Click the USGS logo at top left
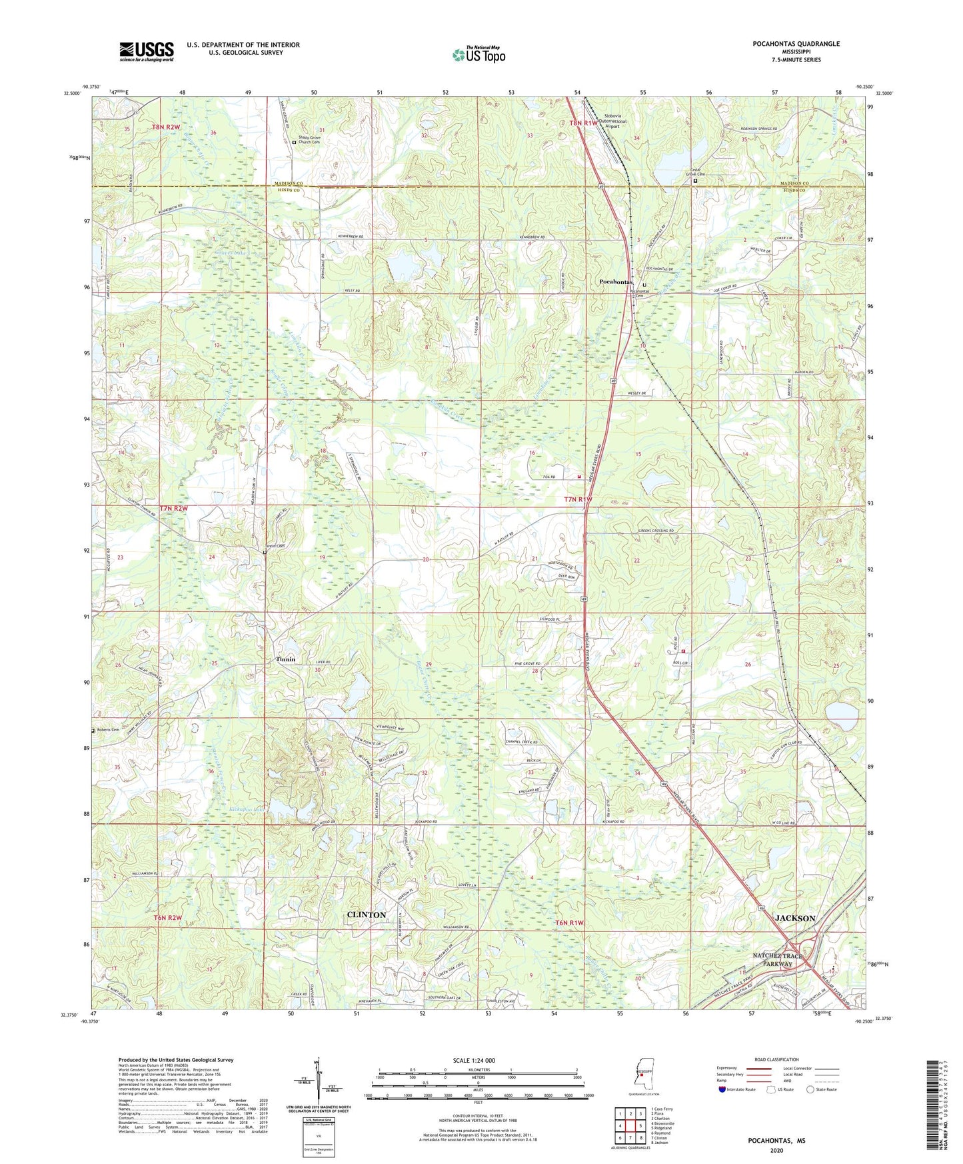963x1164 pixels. coord(147,51)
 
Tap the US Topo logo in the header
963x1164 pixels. coord(478,55)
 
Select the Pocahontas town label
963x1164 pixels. coord(615,282)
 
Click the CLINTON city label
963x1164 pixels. coord(367,915)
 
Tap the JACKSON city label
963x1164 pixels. coord(795,918)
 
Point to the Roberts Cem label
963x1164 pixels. coord(107,729)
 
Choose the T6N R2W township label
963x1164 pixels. coord(168,917)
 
